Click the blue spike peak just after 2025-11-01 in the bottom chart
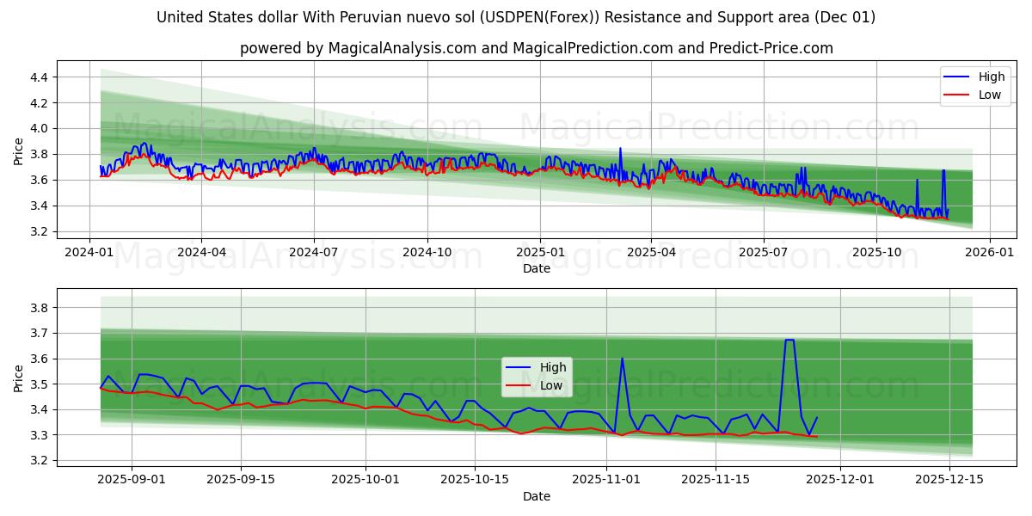pyautogui.click(x=622, y=358)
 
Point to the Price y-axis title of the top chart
pyautogui.click(x=19, y=152)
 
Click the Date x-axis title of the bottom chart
pyautogui.click(x=537, y=496)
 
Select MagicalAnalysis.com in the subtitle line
pyautogui.click(x=402, y=48)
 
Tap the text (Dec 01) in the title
pyautogui.click(x=844, y=17)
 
